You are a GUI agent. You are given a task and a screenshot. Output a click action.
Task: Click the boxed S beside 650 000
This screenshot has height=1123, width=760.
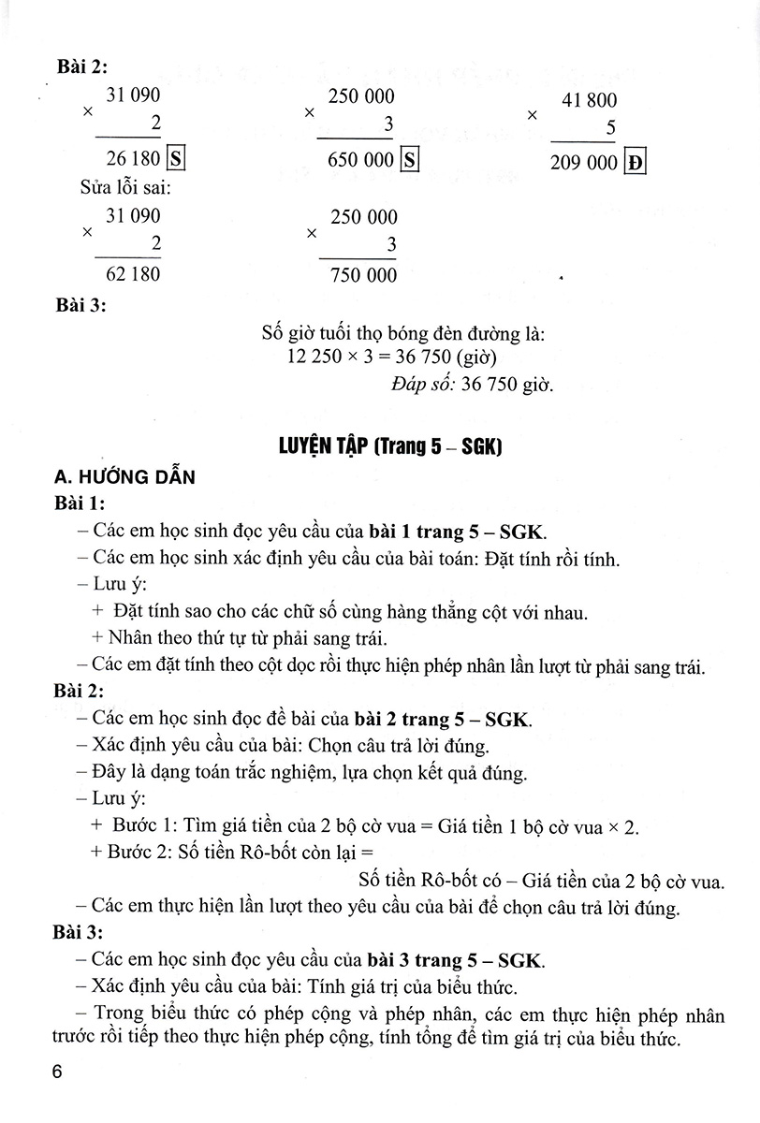(x=409, y=160)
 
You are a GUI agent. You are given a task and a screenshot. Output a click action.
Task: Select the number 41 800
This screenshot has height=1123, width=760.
(x=589, y=101)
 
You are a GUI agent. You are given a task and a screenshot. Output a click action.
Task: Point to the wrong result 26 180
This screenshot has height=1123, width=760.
(x=134, y=159)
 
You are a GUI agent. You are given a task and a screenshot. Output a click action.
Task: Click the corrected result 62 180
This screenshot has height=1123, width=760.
(x=133, y=275)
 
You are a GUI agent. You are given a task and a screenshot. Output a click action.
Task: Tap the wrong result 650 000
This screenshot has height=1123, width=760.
(x=361, y=160)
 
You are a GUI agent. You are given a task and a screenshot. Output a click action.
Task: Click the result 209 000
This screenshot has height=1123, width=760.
(x=584, y=163)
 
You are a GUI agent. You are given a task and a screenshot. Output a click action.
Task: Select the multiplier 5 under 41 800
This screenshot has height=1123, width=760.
(x=610, y=127)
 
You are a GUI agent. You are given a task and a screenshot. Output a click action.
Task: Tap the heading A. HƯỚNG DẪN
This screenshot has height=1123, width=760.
(x=124, y=477)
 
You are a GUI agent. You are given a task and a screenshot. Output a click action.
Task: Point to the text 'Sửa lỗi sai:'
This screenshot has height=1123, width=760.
(x=120, y=188)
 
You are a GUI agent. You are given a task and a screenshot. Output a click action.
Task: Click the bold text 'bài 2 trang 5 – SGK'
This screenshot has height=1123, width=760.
(x=442, y=720)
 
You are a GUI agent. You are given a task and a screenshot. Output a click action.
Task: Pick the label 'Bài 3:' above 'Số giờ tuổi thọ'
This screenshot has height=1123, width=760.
(x=81, y=306)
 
